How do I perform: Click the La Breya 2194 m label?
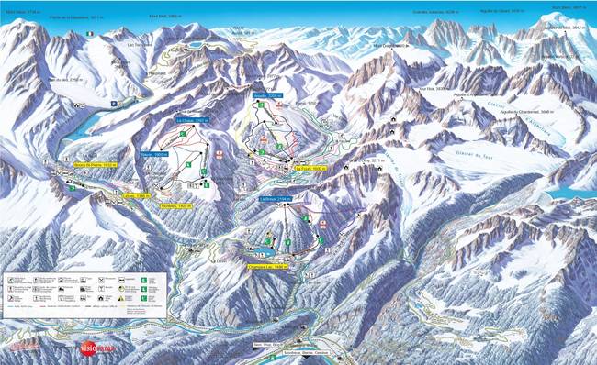pyautogui.click(x=275, y=198)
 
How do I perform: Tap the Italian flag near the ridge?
pyautogui.click(x=89, y=34)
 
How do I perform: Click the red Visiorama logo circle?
pyautogui.click(x=84, y=349)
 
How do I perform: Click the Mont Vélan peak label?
pyautogui.click(x=17, y=12)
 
